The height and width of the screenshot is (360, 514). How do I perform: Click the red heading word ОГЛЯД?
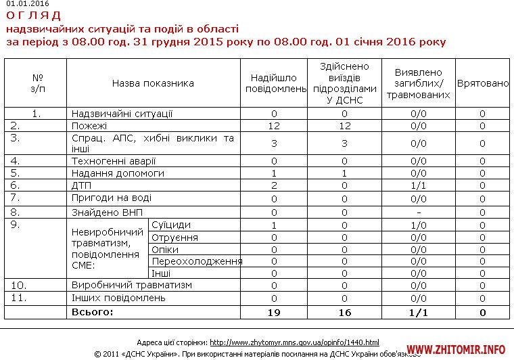point(33,16)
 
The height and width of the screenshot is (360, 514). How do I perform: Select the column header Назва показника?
point(153,83)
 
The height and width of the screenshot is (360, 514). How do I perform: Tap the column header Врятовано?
point(483,83)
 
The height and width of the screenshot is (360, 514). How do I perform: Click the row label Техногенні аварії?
point(114,161)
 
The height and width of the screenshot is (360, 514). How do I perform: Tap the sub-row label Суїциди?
point(171,225)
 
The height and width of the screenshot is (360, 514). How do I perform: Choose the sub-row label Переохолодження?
point(197,261)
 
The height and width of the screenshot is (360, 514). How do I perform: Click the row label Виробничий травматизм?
point(132,285)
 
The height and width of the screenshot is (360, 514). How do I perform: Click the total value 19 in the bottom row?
point(275,313)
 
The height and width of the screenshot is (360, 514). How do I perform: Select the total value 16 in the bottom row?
point(345,313)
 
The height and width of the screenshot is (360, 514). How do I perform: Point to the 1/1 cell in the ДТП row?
point(418,185)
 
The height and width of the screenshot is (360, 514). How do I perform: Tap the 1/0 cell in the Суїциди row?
point(418,225)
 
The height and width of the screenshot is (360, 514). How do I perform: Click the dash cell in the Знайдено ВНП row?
point(418,212)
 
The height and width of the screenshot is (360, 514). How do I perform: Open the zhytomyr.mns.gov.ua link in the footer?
point(294,342)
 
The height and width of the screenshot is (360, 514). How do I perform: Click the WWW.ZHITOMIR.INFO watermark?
point(456,350)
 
